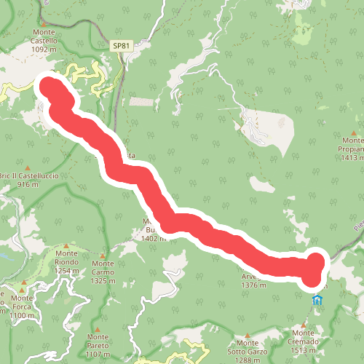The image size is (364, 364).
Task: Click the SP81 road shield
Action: (x=122, y=46)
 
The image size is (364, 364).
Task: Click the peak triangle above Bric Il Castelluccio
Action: (x=28, y=167)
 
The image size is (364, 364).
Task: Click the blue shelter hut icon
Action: (x=317, y=300)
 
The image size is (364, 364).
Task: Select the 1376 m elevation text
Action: (x=250, y=286)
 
